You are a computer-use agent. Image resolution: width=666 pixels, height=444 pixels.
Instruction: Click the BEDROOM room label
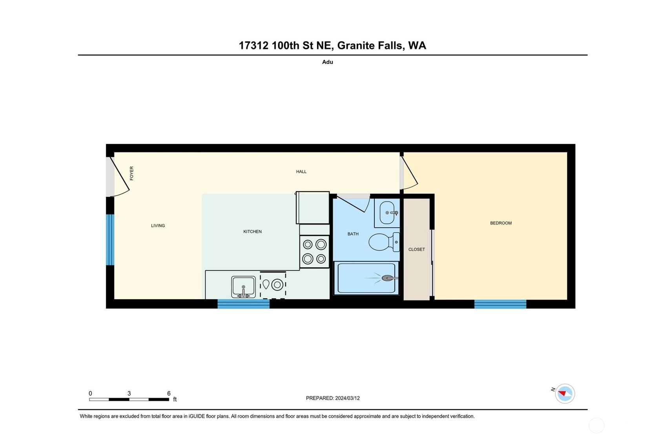(x=501, y=223)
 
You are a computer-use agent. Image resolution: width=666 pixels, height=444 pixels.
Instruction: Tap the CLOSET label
(x=416, y=250)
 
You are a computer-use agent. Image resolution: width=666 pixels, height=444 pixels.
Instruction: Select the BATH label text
(x=353, y=234)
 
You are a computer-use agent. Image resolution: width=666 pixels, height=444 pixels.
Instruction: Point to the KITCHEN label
(x=252, y=232)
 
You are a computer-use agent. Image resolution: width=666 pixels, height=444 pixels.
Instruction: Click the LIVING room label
(x=158, y=226)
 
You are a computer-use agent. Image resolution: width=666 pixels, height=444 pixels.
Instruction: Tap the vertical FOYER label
(x=132, y=173)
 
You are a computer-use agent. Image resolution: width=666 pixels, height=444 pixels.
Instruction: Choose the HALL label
(x=301, y=172)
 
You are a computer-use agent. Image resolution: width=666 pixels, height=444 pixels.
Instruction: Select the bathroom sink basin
(x=387, y=213)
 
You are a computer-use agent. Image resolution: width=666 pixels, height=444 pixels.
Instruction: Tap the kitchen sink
(x=243, y=287)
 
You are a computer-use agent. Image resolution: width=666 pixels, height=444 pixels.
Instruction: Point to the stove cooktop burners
(x=314, y=252)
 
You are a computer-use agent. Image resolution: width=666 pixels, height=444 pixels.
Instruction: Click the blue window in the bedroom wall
(x=500, y=304)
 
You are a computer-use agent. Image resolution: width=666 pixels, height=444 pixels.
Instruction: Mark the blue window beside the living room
(x=110, y=240)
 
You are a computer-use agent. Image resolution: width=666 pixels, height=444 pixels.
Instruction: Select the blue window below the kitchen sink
(x=243, y=303)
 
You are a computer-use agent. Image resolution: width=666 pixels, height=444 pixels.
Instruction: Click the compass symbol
(x=565, y=394)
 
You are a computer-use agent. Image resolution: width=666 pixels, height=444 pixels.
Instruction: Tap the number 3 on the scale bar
(x=129, y=393)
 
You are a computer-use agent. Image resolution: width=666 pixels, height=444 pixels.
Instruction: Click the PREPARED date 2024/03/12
(x=347, y=398)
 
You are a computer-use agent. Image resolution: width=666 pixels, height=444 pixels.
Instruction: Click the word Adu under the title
(x=327, y=62)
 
